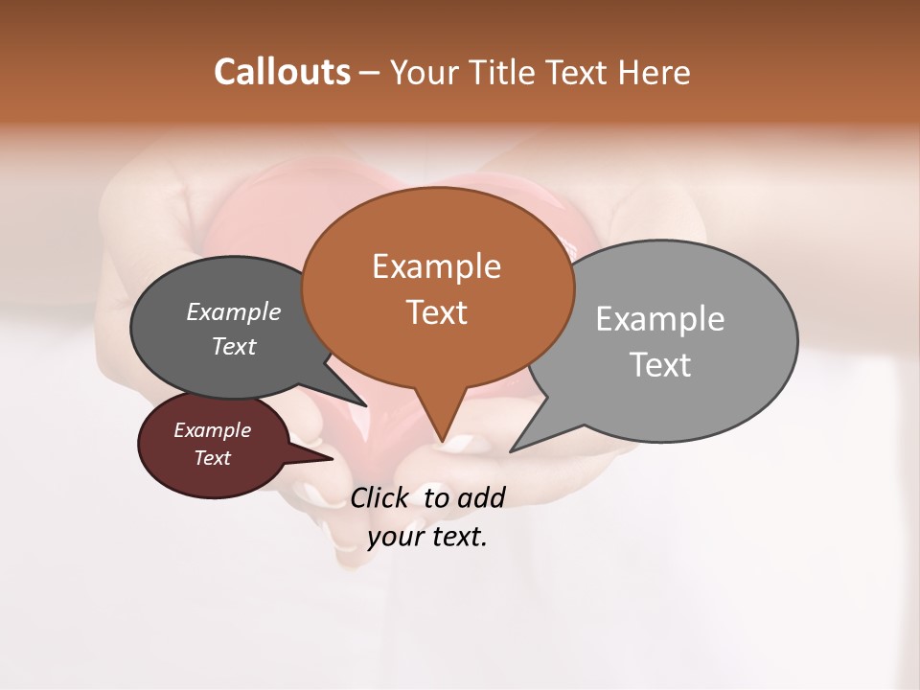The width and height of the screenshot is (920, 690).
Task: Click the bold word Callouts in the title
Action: click(282, 72)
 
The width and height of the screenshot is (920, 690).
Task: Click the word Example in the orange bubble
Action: click(436, 265)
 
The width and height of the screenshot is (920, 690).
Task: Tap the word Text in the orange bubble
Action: click(436, 311)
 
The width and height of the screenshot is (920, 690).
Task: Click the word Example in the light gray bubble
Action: click(660, 318)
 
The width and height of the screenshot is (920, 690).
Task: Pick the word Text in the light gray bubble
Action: click(660, 364)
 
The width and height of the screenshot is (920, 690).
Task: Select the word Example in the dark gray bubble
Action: click(233, 311)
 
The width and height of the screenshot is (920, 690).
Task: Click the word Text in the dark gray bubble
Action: click(233, 346)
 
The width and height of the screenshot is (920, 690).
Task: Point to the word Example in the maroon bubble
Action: click(212, 430)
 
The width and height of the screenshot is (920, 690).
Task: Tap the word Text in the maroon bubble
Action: click(212, 458)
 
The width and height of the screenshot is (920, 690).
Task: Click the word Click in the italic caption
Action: click(382, 497)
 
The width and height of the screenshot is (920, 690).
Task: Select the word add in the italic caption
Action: click(481, 497)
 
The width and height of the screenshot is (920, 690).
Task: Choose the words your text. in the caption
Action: click(427, 538)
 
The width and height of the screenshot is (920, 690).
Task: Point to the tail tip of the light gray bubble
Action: click(511, 450)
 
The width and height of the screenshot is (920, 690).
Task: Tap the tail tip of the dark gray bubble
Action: click(366, 405)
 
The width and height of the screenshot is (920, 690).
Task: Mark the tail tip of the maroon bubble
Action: click(333, 458)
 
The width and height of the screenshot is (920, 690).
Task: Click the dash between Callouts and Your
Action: click(370, 73)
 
